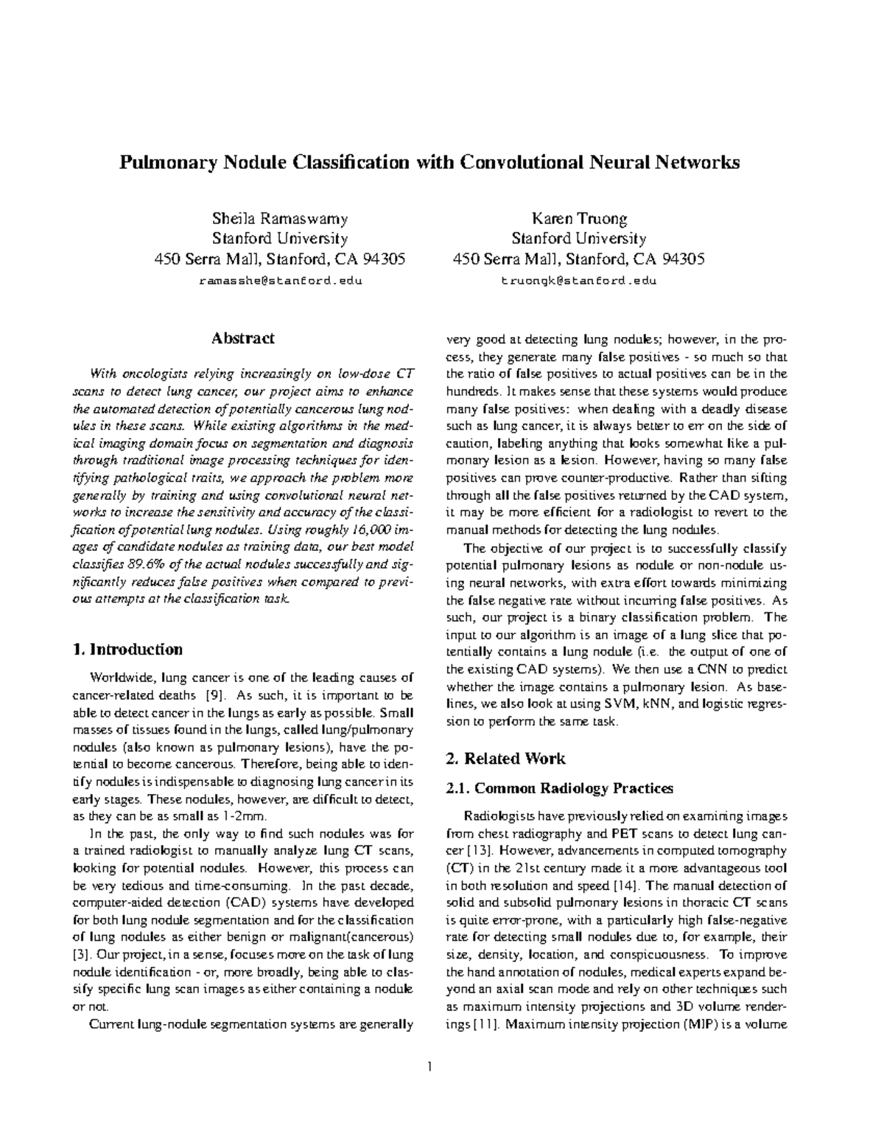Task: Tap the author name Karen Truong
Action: coord(579,219)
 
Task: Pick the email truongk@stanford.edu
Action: coord(578,281)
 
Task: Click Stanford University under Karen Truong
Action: coord(579,239)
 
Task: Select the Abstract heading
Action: coord(243,338)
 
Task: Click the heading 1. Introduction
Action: coord(128,650)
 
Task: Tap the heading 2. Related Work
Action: coord(505,759)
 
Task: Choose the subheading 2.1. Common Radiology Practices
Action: coord(560,788)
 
